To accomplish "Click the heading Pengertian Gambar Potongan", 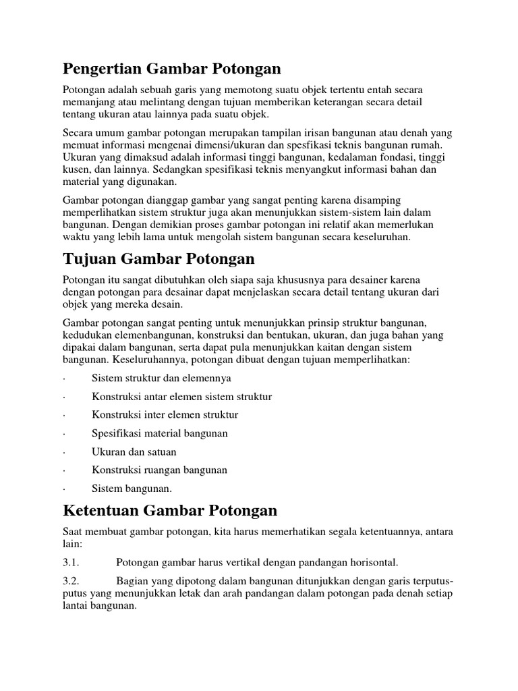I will tap(171, 69).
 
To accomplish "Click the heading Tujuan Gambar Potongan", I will tap(159, 259).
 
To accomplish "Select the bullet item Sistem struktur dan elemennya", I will tap(161, 378).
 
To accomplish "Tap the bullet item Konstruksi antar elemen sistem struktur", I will tap(181, 397).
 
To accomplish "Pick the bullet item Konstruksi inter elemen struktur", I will tap(165, 415).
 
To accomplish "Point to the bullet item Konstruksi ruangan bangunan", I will tap(159, 470).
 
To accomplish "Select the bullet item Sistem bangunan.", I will tap(132, 488).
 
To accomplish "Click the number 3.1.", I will tap(71, 561).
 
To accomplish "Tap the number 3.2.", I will tap(71, 580).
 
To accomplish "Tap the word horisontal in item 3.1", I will tap(372, 561).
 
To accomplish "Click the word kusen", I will tap(76, 169).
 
